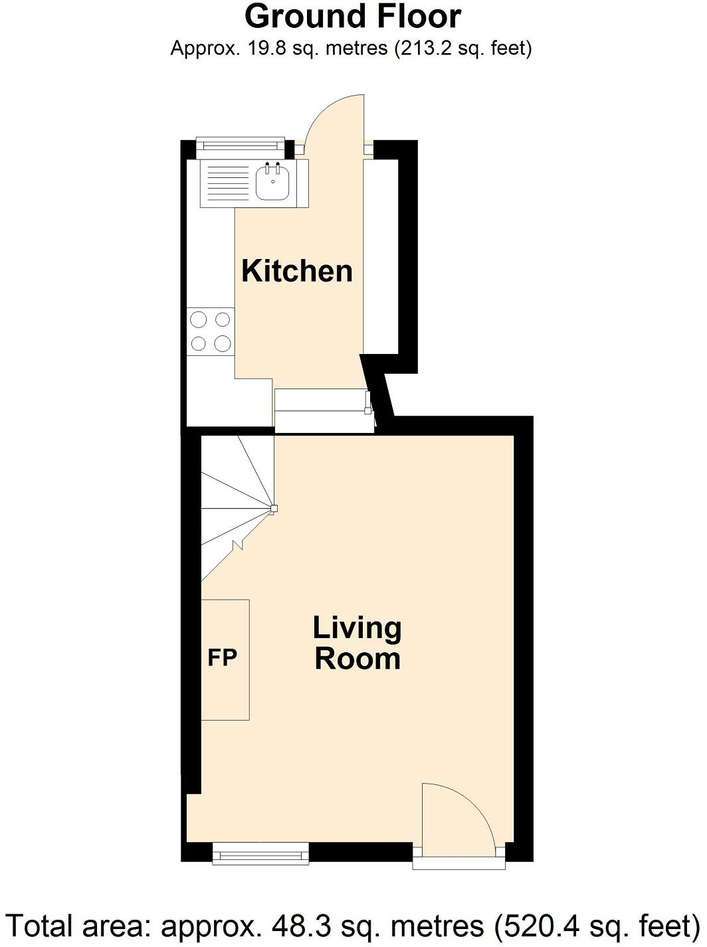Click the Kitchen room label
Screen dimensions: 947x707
tap(296, 271)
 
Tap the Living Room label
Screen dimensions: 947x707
tap(357, 643)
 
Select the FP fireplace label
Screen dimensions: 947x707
tap(222, 657)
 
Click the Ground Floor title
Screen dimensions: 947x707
tap(353, 17)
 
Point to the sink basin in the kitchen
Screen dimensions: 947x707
tap(272, 183)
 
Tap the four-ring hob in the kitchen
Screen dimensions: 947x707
tap(211, 331)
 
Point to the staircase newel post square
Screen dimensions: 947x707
tap(274, 509)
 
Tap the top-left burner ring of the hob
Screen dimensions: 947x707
tap(199, 320)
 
